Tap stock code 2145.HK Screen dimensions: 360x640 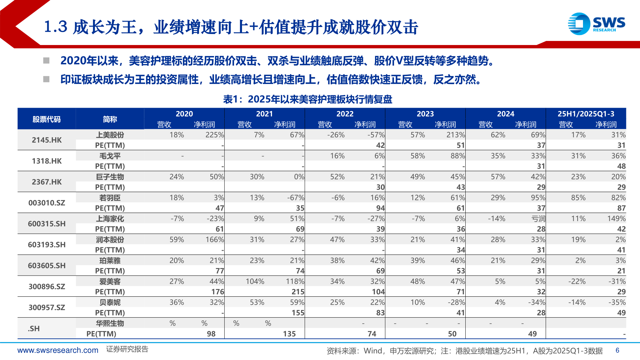coord(47,140)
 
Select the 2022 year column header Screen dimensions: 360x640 coord(345,114)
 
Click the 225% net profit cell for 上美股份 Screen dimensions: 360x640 coord(214,135)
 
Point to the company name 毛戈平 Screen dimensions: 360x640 coord(110,156)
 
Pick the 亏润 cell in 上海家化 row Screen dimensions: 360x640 coord(538,219)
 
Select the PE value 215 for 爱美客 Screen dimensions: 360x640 coord(298,292)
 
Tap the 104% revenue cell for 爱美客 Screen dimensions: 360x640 coord(255,282)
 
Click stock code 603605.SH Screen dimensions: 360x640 coord(47,266)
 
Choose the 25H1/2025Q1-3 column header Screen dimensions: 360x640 coord(586,114)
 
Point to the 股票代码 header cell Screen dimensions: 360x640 coord(47,119)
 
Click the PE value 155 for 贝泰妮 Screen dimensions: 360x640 coord(298,313)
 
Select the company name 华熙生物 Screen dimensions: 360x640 coord(110,323)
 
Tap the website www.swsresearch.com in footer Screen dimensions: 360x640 coord(58,350)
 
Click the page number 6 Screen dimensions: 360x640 coord(617,350)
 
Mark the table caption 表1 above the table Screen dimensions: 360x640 coord(307,99)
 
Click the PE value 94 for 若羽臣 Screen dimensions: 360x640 coord(380,208)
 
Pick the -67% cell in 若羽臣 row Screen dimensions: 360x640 coord(295,198)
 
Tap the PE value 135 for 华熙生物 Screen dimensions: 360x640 coord(289,334)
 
